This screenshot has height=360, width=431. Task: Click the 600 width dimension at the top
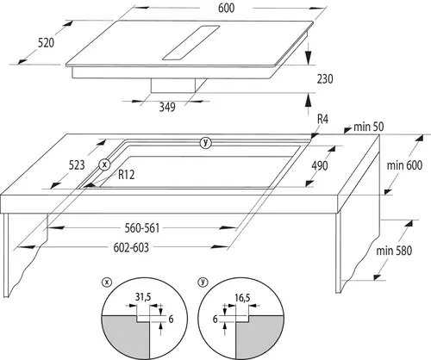226,8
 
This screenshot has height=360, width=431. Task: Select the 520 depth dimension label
46,43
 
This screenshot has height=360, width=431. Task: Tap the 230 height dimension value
325,78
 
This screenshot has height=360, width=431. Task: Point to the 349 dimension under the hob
167,107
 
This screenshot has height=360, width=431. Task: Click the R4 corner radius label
322,119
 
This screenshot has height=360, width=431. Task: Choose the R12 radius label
127,174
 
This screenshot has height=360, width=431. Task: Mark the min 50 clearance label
369,127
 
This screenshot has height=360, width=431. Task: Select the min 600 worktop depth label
404,165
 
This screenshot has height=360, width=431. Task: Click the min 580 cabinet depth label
394,251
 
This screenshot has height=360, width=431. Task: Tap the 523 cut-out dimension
77,165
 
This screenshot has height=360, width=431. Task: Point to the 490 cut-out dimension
320,165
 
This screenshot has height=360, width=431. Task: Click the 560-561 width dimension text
142,228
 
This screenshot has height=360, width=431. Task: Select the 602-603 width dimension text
131,247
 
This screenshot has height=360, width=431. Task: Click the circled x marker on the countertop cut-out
104,164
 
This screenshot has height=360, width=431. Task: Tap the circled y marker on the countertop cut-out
205,143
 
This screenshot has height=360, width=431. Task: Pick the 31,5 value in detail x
143,298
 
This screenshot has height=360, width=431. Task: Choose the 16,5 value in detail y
242,298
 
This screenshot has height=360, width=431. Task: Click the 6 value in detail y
215,319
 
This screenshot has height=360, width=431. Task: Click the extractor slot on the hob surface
191,43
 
